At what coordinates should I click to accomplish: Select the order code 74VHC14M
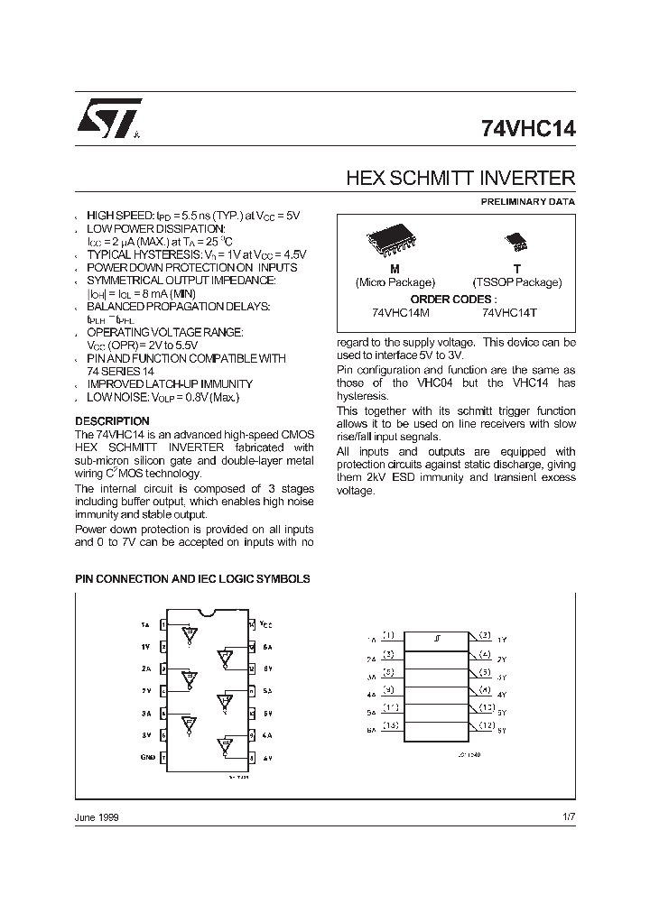(x=402, y=312)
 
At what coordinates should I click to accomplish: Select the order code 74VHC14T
(x=512, y=312)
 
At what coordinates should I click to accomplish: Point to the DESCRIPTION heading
(x=112, y=421)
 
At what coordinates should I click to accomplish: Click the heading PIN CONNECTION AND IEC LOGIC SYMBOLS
(x=192, y=578)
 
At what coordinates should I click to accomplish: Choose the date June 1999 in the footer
(x=96, y=816)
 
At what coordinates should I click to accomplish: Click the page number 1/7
(x=567, y=816)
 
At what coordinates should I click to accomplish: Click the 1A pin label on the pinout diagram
(x=145, y=624)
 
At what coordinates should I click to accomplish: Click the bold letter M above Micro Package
(x=395, y=269)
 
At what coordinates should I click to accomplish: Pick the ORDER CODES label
(x=453, y=298)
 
